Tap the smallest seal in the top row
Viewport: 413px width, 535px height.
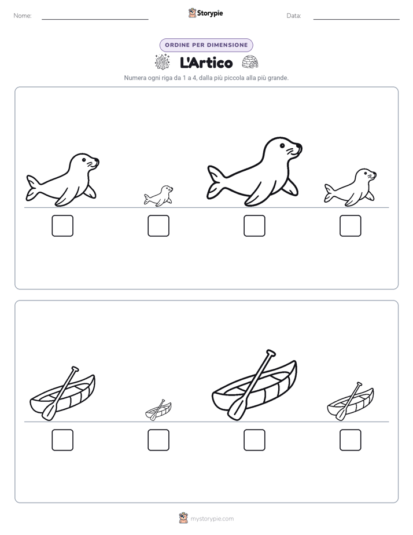coord(158,196)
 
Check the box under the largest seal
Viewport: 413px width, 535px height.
coord(254,226)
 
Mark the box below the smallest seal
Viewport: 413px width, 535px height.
coord(158,226)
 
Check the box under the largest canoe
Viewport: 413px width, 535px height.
coord(254,440)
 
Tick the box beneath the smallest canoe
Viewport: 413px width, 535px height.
coord(158,440)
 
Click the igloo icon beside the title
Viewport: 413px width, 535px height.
coord(250,62)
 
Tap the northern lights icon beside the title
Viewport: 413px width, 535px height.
coord(162,62)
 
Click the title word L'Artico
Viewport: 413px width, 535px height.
coord(206,63)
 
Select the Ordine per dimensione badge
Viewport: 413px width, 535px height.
coord(206,45)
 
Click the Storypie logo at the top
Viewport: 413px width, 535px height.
coord(205,13)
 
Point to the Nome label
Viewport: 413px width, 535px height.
coord(23,16)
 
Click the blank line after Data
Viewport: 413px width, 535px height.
coord(356,19)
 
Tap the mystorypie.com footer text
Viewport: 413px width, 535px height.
coord(212,519)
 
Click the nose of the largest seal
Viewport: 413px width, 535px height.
coord(299,146)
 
